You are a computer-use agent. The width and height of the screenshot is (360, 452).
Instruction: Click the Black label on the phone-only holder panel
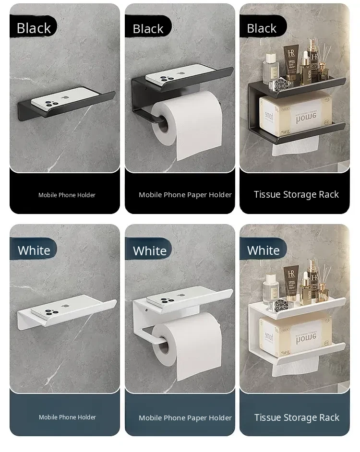coord(34,28)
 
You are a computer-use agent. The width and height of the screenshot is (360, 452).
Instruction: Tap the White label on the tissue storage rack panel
coord(264,250)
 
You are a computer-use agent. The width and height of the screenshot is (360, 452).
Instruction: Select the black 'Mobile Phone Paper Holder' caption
coord(185,195)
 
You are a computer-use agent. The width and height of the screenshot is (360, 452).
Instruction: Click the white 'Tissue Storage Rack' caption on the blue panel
coord(297,417)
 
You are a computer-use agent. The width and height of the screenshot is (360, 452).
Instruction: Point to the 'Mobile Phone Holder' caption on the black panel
coord(67,195)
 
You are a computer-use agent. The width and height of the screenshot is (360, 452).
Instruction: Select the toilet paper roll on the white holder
coord(187,346)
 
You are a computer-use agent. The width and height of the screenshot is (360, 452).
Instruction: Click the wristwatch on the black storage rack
coord(280,85)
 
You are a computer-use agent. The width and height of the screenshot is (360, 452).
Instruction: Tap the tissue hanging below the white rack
coord(295,367)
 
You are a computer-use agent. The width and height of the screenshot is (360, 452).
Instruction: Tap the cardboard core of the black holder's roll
coord(164,124)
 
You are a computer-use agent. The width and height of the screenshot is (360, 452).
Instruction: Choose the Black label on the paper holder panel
coord(148,29)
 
